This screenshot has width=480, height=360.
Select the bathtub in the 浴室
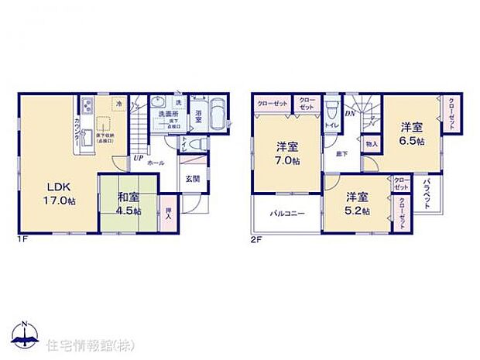217,117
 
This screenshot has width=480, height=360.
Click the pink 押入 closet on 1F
169,211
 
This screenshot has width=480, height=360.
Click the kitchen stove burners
86,106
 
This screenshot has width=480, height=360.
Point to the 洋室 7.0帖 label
287,152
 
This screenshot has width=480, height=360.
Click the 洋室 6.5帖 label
412,132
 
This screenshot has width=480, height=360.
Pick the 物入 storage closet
372,144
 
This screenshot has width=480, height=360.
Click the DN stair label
350,113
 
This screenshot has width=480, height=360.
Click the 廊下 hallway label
341,154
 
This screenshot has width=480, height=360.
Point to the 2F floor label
257,239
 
